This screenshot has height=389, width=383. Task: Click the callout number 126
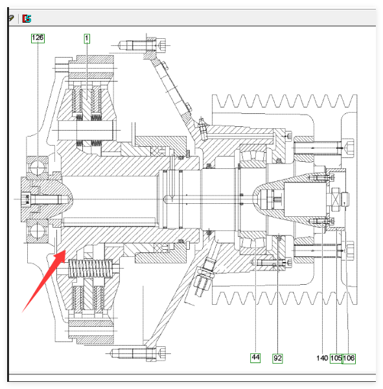[38, 38]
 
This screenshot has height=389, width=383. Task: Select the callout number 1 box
[87, 38]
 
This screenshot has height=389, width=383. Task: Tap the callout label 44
[255, 358]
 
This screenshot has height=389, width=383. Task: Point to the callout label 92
[277, 358]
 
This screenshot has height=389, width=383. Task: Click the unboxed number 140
[322, 358]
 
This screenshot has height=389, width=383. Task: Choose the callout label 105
[336, 359]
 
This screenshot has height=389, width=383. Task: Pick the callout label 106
[349, 359]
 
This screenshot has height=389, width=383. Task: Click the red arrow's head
[60, 256]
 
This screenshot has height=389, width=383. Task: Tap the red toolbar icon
[27, 19]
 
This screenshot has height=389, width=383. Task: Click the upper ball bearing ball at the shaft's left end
[38, 168]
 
